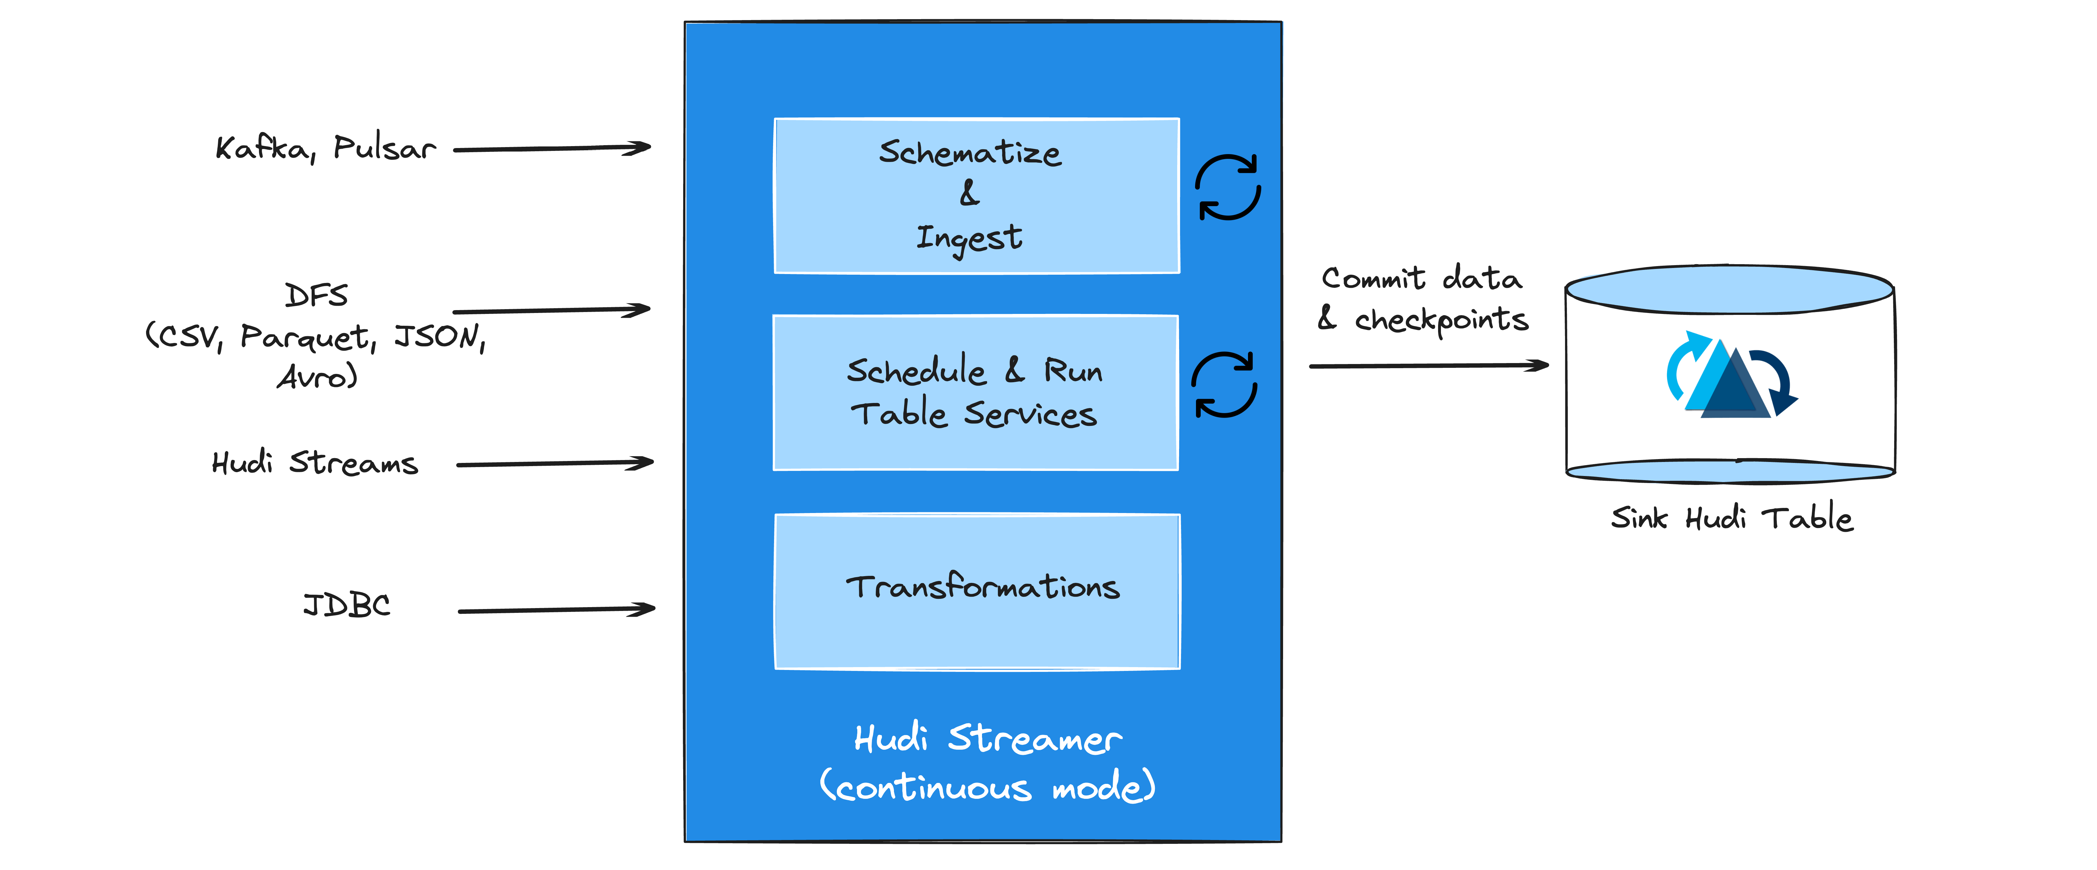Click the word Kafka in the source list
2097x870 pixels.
pyautogui.click(x=262, y=148)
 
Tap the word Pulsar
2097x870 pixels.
pyautogui.click(x=384, y=148)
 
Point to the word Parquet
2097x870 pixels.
pyautogui.click(x=308, y=337)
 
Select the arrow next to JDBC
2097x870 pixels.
pyautogui.click(x=557, y=609)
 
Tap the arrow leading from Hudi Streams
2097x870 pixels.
pyautogui.click(x=555, y=464)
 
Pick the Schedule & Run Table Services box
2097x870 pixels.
pyautogui.click(x=975, y=393)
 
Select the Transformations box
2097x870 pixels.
pyautogui.click(x=977, y=591)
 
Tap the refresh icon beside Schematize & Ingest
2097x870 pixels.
pyautogui.click(x=1228, y=187)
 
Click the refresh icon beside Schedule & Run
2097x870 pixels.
pyautogui.click(x=1224, y=384)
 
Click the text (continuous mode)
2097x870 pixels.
pyautogui.click(x=987, y=786)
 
